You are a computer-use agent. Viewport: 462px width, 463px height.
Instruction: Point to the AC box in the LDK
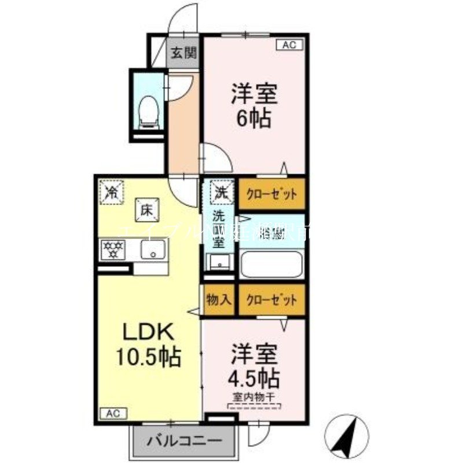coord(113,413)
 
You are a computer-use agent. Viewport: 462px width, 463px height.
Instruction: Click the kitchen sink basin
coord(153,251)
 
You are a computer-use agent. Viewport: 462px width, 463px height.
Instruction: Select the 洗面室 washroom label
coord(218,230)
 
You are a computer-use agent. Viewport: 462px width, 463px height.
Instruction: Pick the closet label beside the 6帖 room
coord(272,194)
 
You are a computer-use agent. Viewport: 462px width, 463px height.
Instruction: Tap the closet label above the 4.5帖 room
coord(272,300)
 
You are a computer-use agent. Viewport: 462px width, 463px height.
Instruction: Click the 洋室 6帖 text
coord(255,105)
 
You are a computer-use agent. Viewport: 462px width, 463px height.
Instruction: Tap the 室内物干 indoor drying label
coord(254,396)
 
